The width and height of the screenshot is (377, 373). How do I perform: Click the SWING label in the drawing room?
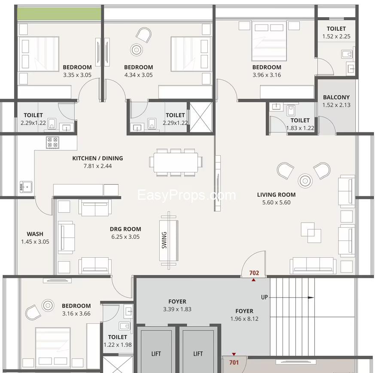(164, 240)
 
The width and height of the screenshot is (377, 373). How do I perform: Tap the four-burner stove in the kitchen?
(53, 142)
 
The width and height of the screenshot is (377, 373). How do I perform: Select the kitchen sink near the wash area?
(26, 187)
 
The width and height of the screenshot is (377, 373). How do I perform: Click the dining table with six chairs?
(176, 162)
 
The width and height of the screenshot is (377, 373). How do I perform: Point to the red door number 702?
(254, 273)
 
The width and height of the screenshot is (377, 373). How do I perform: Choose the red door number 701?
(234, 362)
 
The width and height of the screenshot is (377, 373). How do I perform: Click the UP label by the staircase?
(265, 297)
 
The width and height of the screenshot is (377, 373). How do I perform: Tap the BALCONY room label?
(336, 97)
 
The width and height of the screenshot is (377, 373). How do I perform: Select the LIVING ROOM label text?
(276, 195)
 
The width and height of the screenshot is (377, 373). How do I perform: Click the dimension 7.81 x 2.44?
(97, 166)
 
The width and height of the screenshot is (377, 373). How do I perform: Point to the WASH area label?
(35, 234)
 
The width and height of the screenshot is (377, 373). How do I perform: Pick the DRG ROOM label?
(125, 229)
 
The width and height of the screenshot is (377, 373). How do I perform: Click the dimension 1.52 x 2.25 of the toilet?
(336, 36)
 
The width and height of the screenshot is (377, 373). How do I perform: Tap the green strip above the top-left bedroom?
(59, 14)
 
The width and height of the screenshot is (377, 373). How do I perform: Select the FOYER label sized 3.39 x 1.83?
(177, 301)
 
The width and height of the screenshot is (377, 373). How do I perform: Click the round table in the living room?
(305, 181)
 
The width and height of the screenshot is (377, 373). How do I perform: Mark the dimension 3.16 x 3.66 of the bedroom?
(76, 313)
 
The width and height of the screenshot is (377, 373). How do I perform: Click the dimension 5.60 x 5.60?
(276, 202)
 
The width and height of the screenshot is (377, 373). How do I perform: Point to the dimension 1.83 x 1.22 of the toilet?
(300, 128)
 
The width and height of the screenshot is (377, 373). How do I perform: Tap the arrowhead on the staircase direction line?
(311, 298)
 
